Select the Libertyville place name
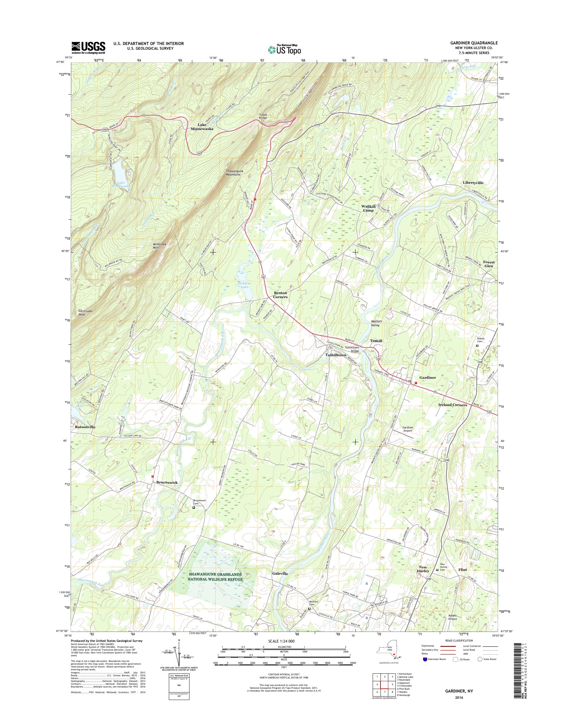(x=473, y=183)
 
